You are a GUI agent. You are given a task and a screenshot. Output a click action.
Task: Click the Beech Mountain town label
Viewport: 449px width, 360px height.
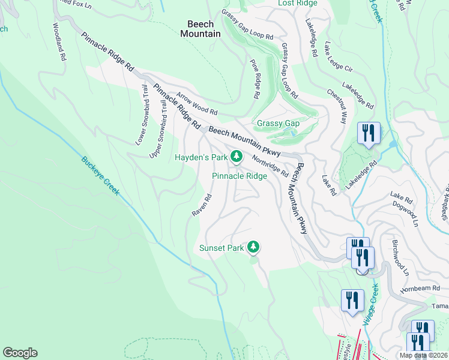pos(200,29)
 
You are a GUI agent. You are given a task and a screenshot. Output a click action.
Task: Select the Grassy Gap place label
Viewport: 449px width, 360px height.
pos(278,123)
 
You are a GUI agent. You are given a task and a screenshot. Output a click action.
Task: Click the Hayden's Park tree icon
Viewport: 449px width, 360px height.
pos(237,157)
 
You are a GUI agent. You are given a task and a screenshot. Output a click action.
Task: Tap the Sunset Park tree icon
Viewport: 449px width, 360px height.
pos(254,247)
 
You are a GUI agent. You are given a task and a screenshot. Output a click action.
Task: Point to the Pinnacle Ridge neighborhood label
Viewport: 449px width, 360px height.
pos(240,176)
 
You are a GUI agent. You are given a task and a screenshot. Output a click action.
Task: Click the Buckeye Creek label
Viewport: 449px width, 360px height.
pos(100,175)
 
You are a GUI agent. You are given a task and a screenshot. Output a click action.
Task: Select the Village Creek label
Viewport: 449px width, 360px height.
pos(370,319)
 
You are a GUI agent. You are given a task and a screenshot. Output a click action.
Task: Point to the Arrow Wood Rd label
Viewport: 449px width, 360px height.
pos(196,103)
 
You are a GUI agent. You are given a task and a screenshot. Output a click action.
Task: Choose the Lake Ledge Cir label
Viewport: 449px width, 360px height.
pos(340,61)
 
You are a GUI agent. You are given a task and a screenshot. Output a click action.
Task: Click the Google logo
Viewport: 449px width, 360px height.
pos(20,353)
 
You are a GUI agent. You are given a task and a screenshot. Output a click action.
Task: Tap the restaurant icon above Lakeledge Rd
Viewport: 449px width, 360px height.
pos(368,133)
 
